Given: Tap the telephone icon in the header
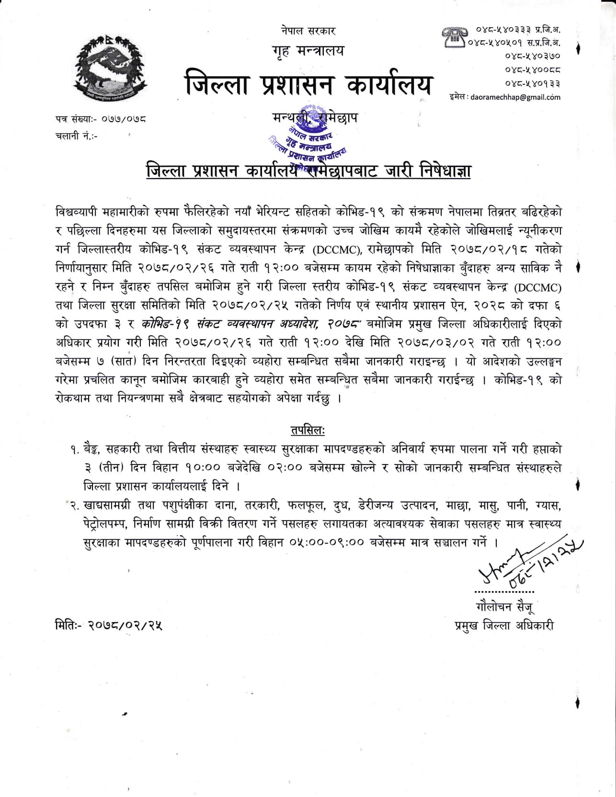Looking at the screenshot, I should point(453,37).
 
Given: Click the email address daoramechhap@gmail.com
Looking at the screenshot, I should point(515,97).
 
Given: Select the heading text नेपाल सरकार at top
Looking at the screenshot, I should point(308,31).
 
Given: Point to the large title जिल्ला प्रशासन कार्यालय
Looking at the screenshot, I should point(308,84).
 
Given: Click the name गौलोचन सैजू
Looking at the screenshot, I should point(504,607).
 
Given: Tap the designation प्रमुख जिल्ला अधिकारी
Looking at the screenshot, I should point(504,626).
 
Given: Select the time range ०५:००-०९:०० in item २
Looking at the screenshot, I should point(326,543).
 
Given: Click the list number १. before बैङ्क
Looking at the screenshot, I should point(75,449).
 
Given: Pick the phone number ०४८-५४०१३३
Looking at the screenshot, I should point(532,83).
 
